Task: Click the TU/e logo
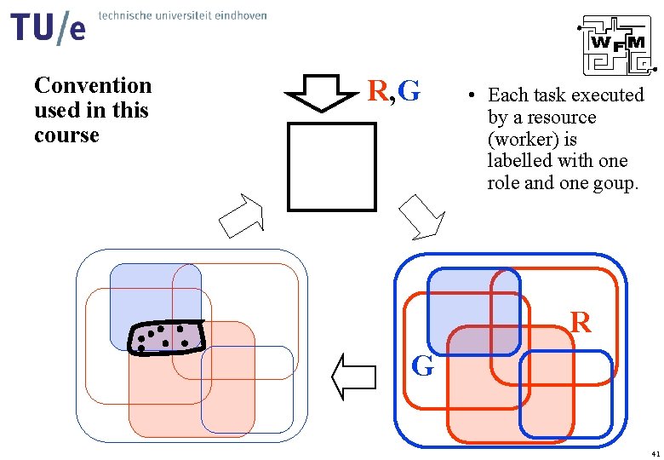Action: point(48,26)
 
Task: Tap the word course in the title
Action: point(66,135)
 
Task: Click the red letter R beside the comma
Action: point(377,90)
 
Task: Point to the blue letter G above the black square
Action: point(409,89)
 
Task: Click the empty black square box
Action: point(331,167)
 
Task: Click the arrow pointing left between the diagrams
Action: point(352,377)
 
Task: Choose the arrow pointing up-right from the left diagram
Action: point(242,216)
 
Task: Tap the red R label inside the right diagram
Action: point(581,323)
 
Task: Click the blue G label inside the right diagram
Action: point(422,366)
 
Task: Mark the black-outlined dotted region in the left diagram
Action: point(167,336)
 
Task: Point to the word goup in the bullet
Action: point(614,182)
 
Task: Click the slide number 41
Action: point(652,451)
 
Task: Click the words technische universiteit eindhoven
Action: point(183,15)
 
